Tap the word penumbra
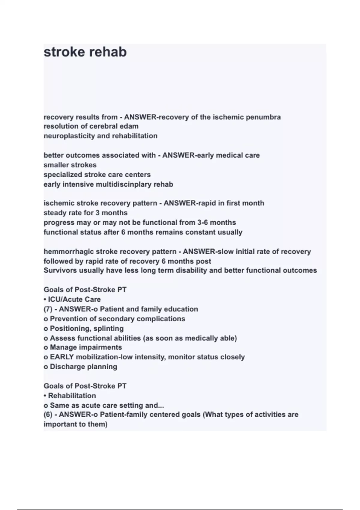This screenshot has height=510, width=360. click(x=263, y=117)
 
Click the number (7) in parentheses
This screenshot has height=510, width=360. click(x=48, y=309)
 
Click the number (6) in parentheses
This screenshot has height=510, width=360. click(x=48, y=415)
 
